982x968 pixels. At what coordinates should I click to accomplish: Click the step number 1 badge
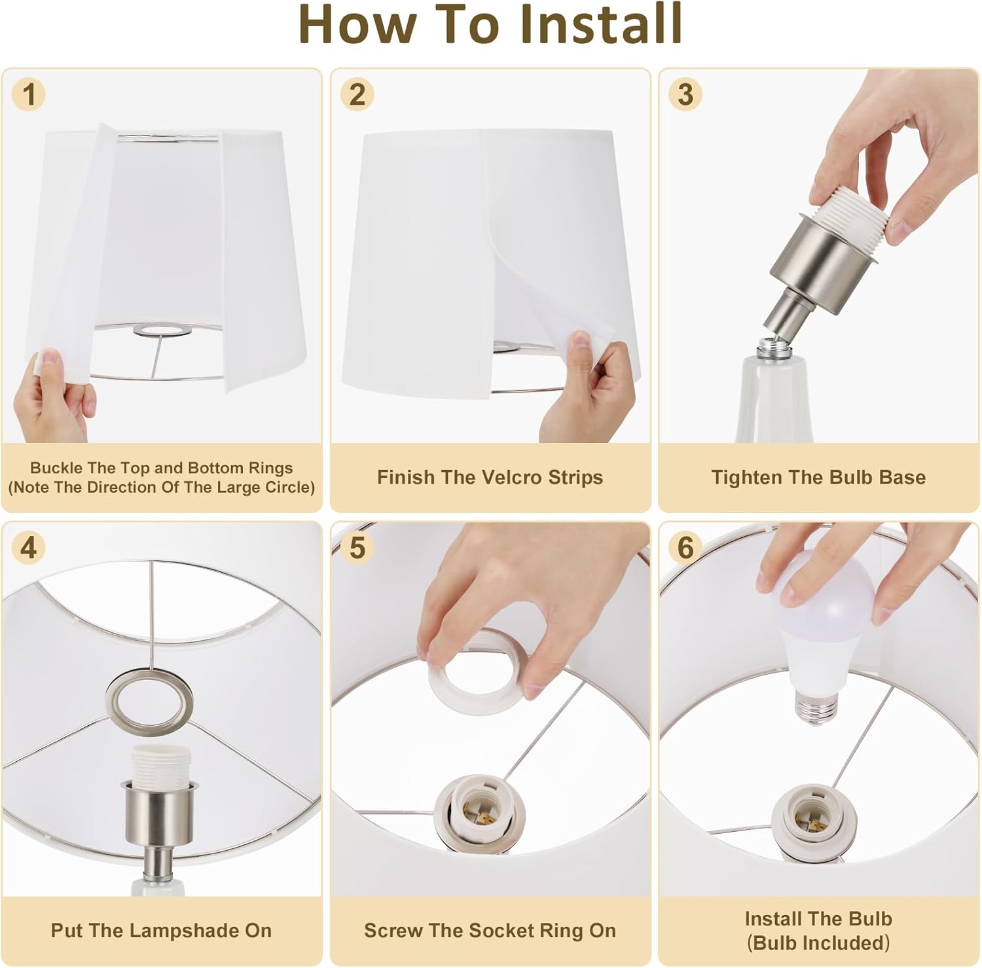[29, 94]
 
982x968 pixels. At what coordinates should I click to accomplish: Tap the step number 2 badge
[357, 94]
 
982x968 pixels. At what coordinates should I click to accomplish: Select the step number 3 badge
[685, 94]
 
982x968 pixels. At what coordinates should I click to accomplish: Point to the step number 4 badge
[29, 548]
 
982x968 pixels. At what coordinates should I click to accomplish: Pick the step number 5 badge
[357, 548]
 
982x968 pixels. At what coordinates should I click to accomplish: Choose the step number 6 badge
[685, 548]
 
